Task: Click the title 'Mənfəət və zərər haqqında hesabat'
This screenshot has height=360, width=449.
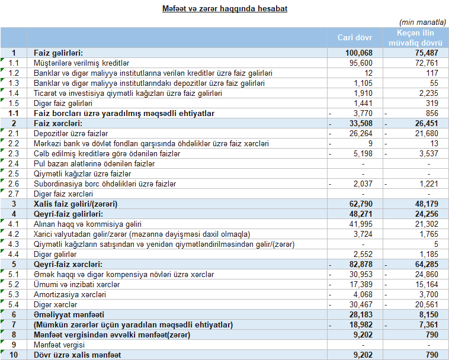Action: point(224,9)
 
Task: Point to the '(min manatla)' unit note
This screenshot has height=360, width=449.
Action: point(423,22)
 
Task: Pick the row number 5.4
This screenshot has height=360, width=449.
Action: point(14,304)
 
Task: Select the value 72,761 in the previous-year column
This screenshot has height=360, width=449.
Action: point(426,63)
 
